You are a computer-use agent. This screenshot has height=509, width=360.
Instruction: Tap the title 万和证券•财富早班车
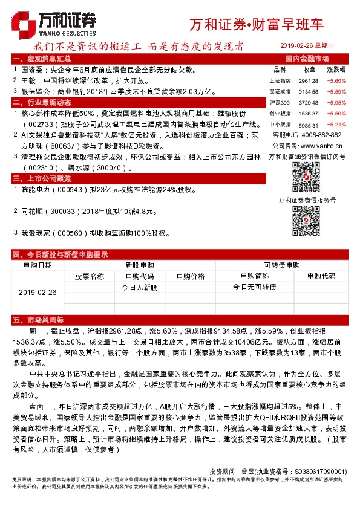[257, 25]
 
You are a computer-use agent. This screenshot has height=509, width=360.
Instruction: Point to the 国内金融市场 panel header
[307, 59]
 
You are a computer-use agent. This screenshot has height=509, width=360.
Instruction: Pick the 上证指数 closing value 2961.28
[309, 80]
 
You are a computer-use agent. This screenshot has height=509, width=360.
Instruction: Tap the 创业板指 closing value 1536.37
[309, 113]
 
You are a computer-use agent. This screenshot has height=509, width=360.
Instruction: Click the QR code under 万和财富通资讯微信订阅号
[306, 176]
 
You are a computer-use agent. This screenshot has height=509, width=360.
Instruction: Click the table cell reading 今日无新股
[140, 287]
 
